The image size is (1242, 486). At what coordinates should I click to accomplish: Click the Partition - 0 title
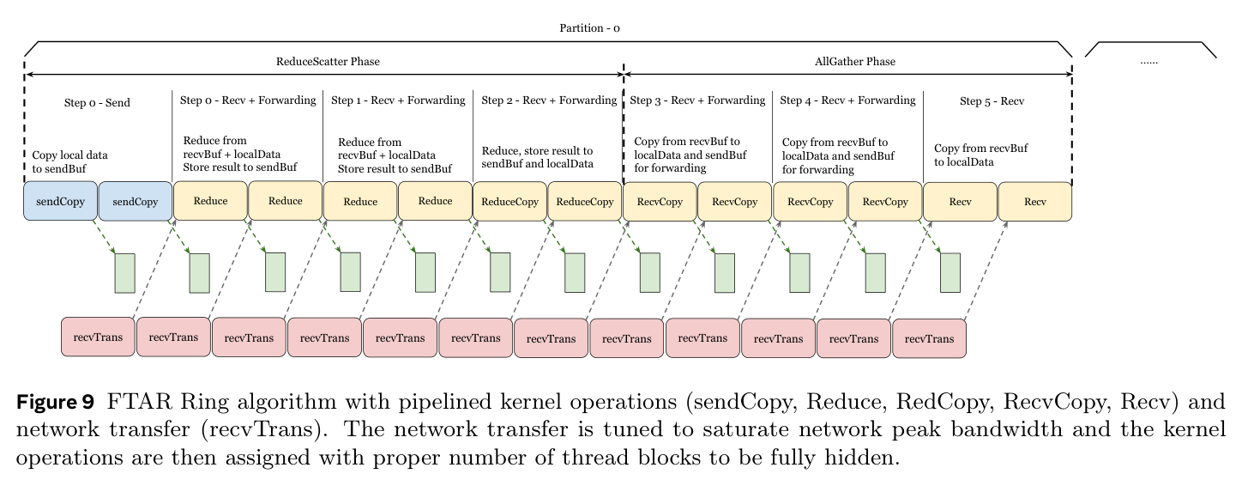click(589, 28)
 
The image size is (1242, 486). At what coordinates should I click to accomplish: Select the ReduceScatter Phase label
click(328, 62)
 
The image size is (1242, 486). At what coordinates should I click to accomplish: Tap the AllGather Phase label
click(855, 62)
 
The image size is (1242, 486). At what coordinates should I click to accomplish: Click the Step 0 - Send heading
click(97, 103)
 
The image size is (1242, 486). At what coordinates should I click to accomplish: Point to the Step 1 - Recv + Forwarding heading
click(398, 100)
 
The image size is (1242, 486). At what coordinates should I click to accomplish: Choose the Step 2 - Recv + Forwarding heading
click(549, 100)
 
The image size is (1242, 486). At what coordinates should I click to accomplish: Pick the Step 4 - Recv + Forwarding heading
click(847, 100)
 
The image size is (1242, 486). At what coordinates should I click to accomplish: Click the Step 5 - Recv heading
click(992, 101)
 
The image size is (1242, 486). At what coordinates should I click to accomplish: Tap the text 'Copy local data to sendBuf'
click(69, 162)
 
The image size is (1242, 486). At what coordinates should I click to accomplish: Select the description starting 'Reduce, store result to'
click(537, 157)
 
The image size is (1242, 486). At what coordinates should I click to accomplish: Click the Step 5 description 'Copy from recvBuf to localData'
click(981, 155)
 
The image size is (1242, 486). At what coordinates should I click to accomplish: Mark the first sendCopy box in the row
click(60, 201)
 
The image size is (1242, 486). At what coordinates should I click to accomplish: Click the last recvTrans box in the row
click(929, 338)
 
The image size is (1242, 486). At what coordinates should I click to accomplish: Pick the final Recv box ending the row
click(1035, 202)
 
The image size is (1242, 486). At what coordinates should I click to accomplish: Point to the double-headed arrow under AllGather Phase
click(847, 74)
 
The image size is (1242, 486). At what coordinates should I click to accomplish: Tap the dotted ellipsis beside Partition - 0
click(1149, 62)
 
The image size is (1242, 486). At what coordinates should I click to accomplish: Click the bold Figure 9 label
click(56, 402)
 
